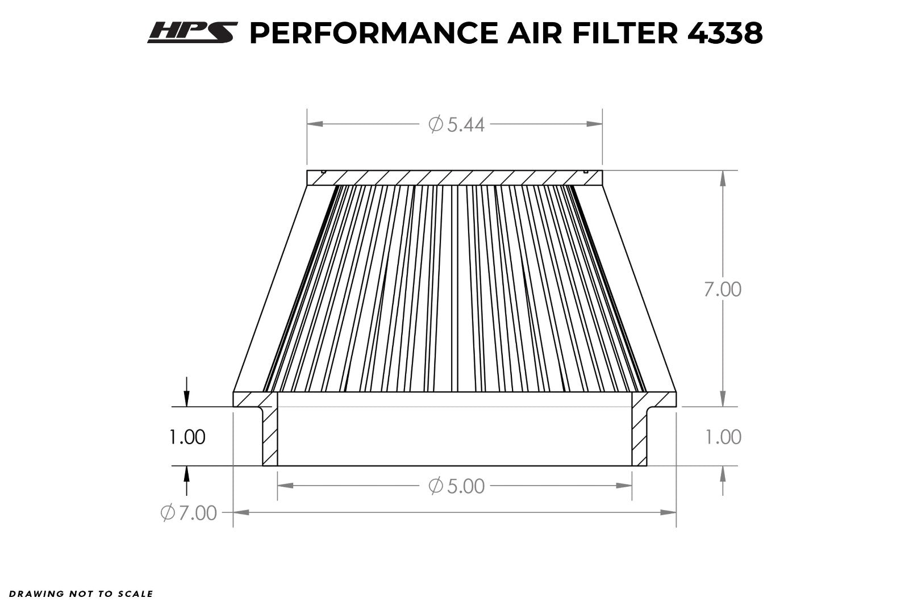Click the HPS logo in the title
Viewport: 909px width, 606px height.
[193, 32]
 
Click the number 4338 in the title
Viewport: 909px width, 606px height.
[725, 33]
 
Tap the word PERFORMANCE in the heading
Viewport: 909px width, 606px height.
[374, 33]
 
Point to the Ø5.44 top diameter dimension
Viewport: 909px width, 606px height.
[456, 124]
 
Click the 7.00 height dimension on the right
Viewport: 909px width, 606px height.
[722, 290]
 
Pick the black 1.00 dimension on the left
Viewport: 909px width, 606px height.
[187, 437]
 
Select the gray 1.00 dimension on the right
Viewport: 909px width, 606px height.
[724, 437]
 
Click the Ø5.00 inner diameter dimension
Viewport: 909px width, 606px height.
[456, 486]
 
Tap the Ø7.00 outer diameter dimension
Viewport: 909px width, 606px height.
[189, 513]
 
